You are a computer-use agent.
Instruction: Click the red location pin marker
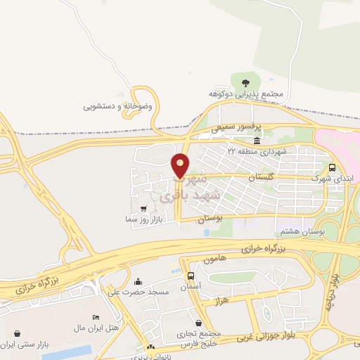tap(181, 165)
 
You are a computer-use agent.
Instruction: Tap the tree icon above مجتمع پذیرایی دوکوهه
tap(245, 83)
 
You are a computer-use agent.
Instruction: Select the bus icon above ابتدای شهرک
tap(332, 167)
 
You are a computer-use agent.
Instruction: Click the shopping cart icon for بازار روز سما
tap(144, 208)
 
